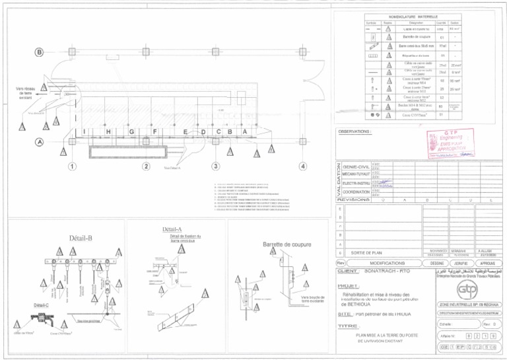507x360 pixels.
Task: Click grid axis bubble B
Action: tap(39, 52)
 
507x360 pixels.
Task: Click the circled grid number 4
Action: tap(302, 165)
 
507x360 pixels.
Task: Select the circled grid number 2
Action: tap(145, 165)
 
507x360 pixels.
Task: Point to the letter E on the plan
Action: tap(185, 132)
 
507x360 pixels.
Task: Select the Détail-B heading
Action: tap(81, 238)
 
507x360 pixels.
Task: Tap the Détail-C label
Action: tap(41, 305)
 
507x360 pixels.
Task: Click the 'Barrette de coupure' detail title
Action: tap(287, 244)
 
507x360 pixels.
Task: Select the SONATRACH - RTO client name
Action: tap(387, 271)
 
